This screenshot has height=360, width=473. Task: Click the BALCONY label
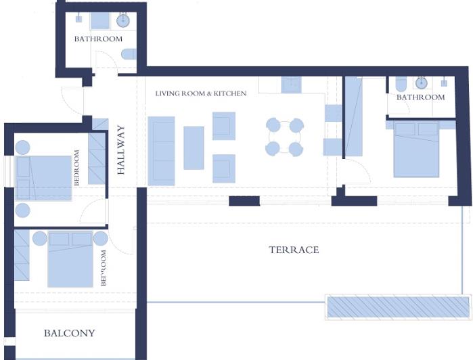pyautogui.click(x=69, y=334)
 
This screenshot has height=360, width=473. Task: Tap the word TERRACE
pyautogui.click(x=294, y=250)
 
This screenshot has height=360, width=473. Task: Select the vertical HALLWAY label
pyautogui.click(x=122, y=150)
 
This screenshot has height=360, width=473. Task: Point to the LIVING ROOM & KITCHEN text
pyautogui.click(x=201, y=93)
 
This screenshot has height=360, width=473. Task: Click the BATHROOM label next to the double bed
pyautogui.click(x=420, y=97)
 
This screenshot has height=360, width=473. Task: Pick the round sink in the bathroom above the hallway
pyautogui.click(x=123, y=20)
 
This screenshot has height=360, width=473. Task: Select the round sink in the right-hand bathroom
pyautogui.click(x=422, y=83)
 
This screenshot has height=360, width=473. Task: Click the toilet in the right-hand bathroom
pyautogui.click(x=401, y=84)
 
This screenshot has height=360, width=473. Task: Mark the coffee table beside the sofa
pyautogui.click(x=194, y=148)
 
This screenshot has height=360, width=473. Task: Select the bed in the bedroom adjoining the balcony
pyautogui.click(x=70, y=259)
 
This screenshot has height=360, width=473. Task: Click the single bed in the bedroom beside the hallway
pyautogui.click(x=45, y=178)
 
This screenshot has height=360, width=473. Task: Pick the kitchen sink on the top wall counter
pyautogui.click(x=292, y=84)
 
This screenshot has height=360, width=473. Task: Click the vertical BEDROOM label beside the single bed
pyautogui.click(x=77, y=168)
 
